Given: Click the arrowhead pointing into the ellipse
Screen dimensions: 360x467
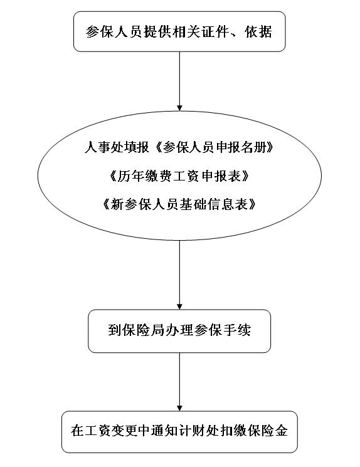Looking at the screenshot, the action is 179,108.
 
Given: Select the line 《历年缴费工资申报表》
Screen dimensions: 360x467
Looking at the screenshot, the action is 179,176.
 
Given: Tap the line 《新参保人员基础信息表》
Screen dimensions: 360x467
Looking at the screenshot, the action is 179,204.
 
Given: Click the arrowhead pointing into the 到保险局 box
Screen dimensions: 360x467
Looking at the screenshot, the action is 179,306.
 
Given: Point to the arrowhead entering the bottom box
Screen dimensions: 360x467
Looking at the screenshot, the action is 179,408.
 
